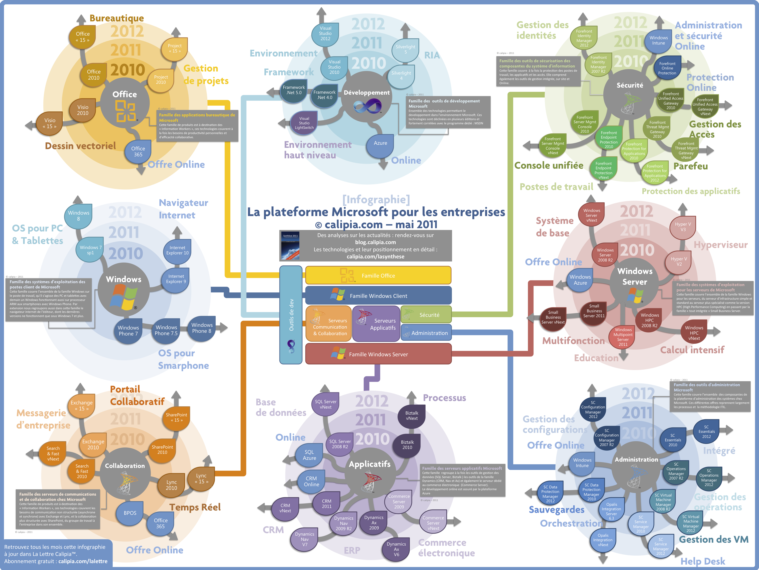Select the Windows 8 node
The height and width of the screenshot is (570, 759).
(79, 216)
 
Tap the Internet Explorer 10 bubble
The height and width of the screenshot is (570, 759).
(177, 250)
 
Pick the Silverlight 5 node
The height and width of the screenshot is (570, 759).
(405, 49)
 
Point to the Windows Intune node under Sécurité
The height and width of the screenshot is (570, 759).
(659, 41)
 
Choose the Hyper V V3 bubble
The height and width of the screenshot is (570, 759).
(683, 227)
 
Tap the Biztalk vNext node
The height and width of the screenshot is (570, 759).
(412, 416)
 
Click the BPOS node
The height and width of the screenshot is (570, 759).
(130, 513)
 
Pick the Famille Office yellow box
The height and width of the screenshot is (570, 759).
(378, 276)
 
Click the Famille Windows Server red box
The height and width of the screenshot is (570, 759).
(378, 354)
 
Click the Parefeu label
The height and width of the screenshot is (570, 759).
(690, 166)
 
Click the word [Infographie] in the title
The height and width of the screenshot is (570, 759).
(376, 199)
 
